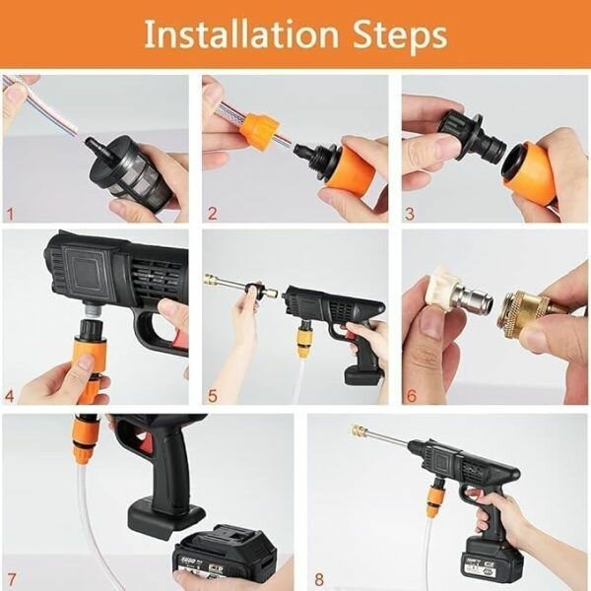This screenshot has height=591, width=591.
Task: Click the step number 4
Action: pyautogui.click(x=11, y=397)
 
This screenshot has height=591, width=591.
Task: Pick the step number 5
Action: pyautogui.click(x=211, y=397)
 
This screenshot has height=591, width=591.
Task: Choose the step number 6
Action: pyautogui.click(x=411, y=397)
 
